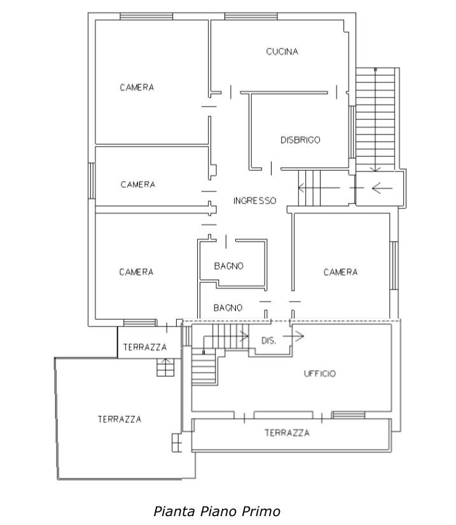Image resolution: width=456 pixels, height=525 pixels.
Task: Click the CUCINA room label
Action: (x=282, y=52)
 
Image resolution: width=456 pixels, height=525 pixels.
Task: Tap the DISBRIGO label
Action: (x=300, y=140)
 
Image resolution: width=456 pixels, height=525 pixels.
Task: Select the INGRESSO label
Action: (x=255, y=201)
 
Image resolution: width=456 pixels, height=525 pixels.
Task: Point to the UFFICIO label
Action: (x=320, y=373)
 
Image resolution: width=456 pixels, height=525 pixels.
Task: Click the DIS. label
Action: (x=269, y=341)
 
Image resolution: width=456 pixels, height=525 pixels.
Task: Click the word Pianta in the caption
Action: (x=174, y=511)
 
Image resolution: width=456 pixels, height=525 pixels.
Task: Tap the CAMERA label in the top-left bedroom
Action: (x=137, y=87)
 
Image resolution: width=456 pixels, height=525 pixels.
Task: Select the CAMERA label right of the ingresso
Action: (x=340, y=272)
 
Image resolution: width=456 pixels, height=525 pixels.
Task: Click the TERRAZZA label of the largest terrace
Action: (x=120, y=419)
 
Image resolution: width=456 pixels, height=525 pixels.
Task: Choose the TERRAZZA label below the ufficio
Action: (x=287, y=433)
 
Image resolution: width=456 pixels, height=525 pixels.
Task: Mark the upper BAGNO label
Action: (x=229, y=266)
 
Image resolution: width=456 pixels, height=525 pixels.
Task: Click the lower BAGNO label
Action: (x=228, y=308)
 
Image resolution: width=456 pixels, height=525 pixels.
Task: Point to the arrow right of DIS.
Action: (x=293, y=336)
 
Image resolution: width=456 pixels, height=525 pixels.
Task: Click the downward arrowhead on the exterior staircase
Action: (x=375, y=169)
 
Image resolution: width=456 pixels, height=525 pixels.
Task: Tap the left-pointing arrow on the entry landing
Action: (x=382, y=188)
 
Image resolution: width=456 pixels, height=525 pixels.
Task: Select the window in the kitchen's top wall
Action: (x=251, y=17)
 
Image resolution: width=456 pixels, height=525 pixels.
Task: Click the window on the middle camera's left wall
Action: (x=92, y=181)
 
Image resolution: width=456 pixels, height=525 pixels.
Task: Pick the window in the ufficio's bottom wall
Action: (x=348, y=415)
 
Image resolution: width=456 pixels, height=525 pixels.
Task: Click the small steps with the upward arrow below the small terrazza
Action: (x=165, y=367)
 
